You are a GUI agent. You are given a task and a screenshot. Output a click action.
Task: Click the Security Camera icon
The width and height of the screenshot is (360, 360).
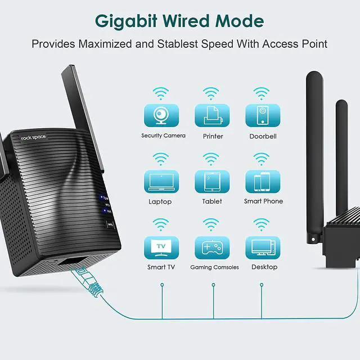tap(162, 115)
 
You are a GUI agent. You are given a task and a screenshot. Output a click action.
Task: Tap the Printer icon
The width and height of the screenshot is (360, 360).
tap(212, 115)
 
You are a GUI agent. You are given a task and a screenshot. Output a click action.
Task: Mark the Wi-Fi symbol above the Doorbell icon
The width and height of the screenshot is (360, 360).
tap(262, 93)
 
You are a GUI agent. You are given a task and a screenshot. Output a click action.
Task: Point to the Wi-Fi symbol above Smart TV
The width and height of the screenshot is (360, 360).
tap(162, 224)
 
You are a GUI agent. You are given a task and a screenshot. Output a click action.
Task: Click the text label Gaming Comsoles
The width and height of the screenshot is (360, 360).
tap(214, 267)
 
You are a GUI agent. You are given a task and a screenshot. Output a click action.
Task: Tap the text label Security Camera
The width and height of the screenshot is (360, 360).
tap(163, 136)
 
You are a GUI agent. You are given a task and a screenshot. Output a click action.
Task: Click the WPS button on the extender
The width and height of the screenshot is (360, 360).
tap(110, 225)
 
